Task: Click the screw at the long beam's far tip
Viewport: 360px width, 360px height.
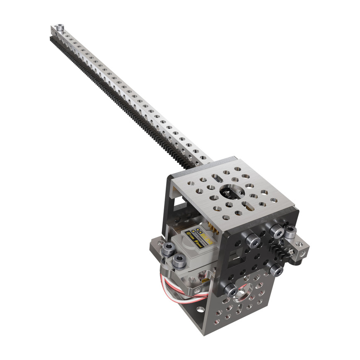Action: pyautogui.click(x=60, y=28)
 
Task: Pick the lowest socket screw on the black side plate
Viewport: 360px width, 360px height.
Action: pyautogui.click(x=229, y=289)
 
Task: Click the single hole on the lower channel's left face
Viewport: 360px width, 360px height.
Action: pyautogui.click(x=200, y=309)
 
